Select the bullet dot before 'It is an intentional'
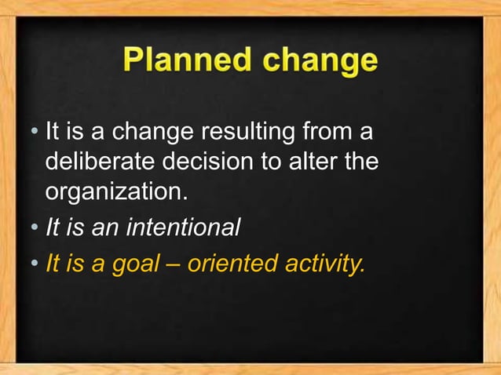37,229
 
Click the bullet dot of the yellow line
37,264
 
